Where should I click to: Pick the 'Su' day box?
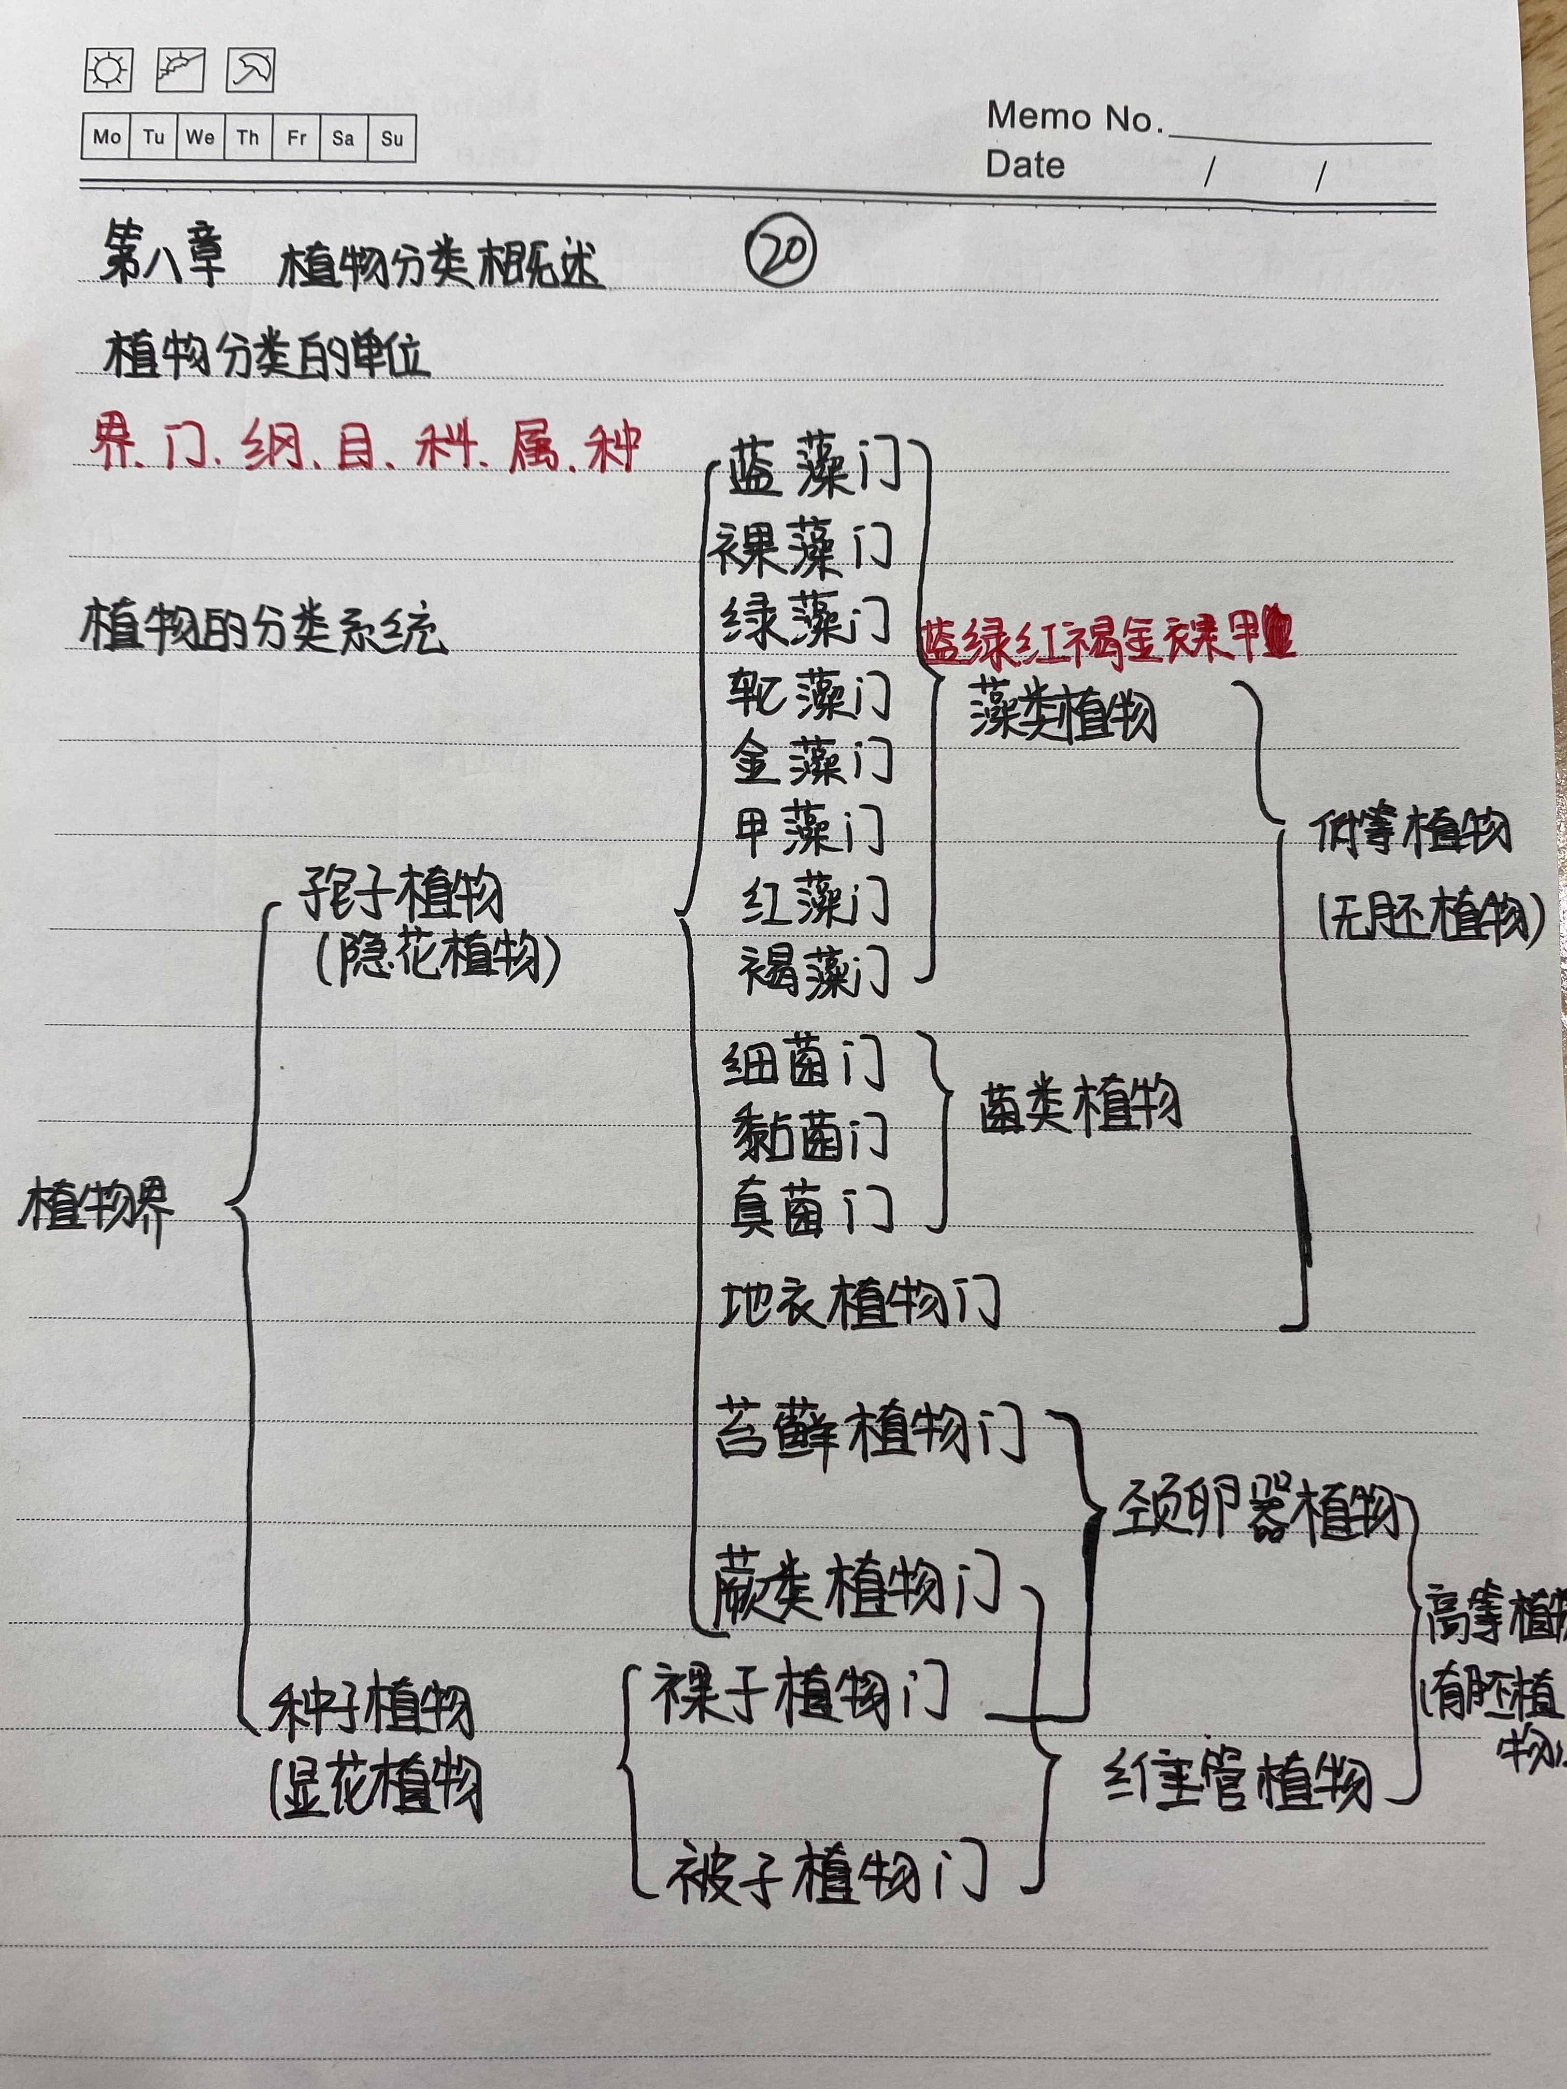pos(392,138)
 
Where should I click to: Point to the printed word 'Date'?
pos(1025,165)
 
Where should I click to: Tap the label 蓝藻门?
pos(813,469)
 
